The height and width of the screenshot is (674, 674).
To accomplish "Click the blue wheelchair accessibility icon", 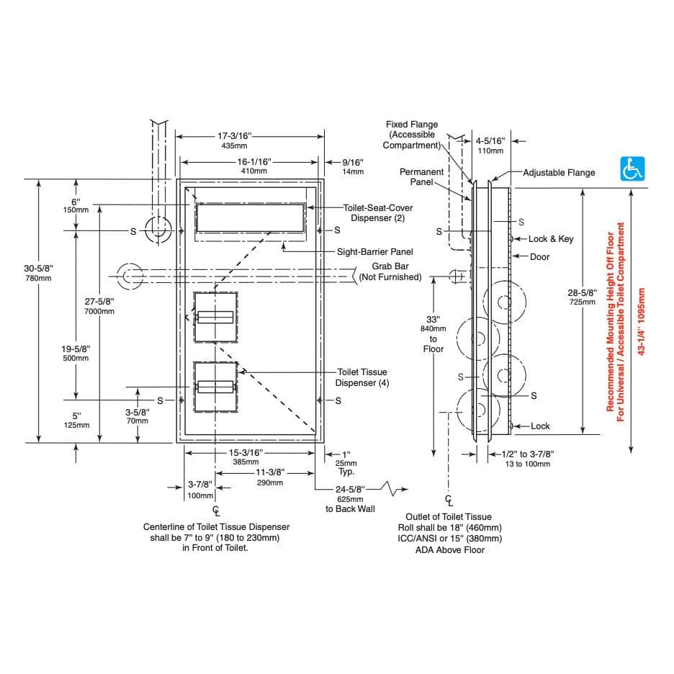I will tap(632, 169).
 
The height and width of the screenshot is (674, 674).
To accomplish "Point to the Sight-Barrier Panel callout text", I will tap(375, 252).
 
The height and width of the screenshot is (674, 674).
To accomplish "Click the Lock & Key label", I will tap(551, 239).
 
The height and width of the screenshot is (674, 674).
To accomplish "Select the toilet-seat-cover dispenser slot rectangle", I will tap(249, 217).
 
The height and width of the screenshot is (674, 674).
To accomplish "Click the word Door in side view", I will tap(540, 257).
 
